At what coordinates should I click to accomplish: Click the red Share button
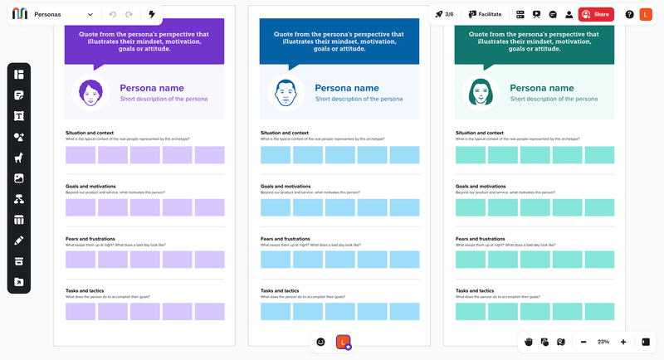[x=596, y=14]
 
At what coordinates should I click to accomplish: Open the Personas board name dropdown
[x=90, y=15]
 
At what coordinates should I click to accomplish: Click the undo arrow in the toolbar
[x=113, y=14]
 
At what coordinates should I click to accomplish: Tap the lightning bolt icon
[x=151, y=14]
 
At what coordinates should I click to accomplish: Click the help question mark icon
[x=629, y=14]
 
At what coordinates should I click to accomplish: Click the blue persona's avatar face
[x=284, y=92]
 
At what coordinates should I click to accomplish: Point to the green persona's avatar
[x=479, y=92]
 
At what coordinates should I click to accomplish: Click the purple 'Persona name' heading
[x=151, y=87]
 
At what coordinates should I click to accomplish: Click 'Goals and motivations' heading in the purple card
[x=90, y=187]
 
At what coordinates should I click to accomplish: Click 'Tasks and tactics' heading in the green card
[x=479, y=291]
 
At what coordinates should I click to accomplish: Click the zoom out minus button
[x=583, y=342]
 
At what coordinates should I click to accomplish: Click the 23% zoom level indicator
[x=603, y=342]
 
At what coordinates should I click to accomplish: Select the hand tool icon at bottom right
[x=528, y=342]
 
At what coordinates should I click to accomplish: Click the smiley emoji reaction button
[x=321, y=342]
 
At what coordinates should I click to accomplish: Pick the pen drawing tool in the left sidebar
[x=19, y=241]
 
